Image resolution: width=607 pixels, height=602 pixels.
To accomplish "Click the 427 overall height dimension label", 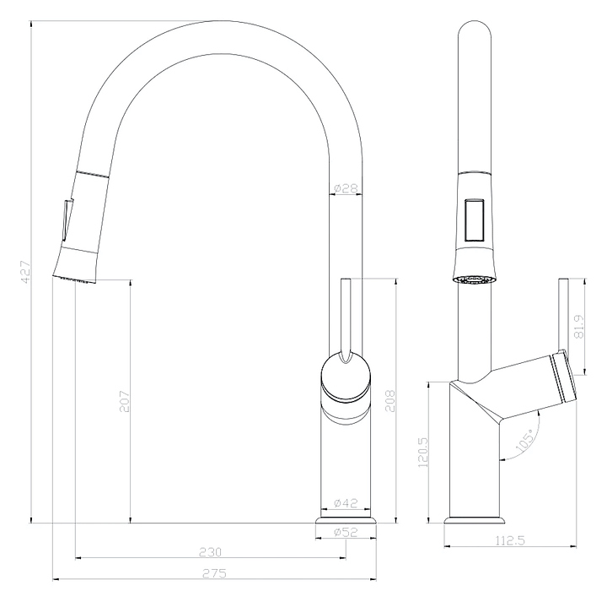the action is coord(25,272).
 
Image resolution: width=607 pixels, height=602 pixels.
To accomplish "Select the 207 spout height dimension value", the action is coord(125,401).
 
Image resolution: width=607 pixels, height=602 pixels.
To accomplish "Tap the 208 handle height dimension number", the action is coord(390,401).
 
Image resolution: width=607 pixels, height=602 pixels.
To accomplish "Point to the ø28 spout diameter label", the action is coord(346,188).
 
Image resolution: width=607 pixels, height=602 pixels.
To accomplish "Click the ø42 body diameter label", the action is coord(346,503).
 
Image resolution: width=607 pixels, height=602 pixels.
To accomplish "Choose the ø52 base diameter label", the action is coord(346,532).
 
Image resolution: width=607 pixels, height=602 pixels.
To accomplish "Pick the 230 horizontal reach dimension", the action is coord(210,551).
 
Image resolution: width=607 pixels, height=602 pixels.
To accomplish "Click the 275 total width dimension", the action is coord(214,573).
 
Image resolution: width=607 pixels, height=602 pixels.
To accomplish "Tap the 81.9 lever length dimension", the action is coord(579,326).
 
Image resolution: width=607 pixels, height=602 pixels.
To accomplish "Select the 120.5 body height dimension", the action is coord(423,452).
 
